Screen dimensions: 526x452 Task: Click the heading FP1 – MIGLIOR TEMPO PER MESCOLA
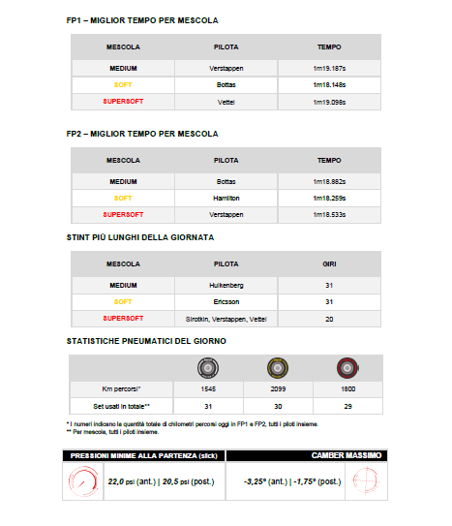[141, 20]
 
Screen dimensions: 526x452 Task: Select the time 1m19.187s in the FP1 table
[330, 68]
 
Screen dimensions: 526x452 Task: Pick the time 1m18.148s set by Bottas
[330, 84]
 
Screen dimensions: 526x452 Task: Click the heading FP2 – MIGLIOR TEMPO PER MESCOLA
[141, 134]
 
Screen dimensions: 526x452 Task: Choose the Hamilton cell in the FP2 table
[226, 198]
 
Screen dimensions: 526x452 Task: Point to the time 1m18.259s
[330, 198]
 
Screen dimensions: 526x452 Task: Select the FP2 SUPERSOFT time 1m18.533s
[330, 214]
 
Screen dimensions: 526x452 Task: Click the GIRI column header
[330, 263]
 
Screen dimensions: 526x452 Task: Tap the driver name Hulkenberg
[226, 285]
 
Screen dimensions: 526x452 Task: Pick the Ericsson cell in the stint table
[226, 301]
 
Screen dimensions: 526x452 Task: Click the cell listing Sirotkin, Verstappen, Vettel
[226, 318]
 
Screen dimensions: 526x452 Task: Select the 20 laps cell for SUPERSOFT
[330, 318]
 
